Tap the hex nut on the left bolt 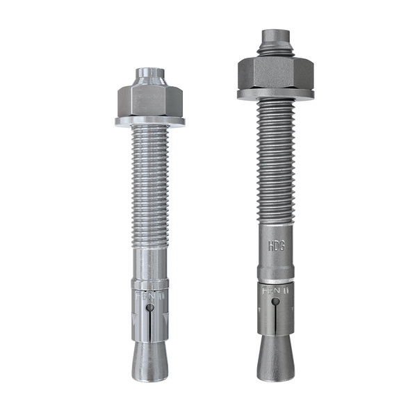pos(150,100)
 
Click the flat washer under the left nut pos(150,122)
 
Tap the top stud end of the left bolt pos(150,74)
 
